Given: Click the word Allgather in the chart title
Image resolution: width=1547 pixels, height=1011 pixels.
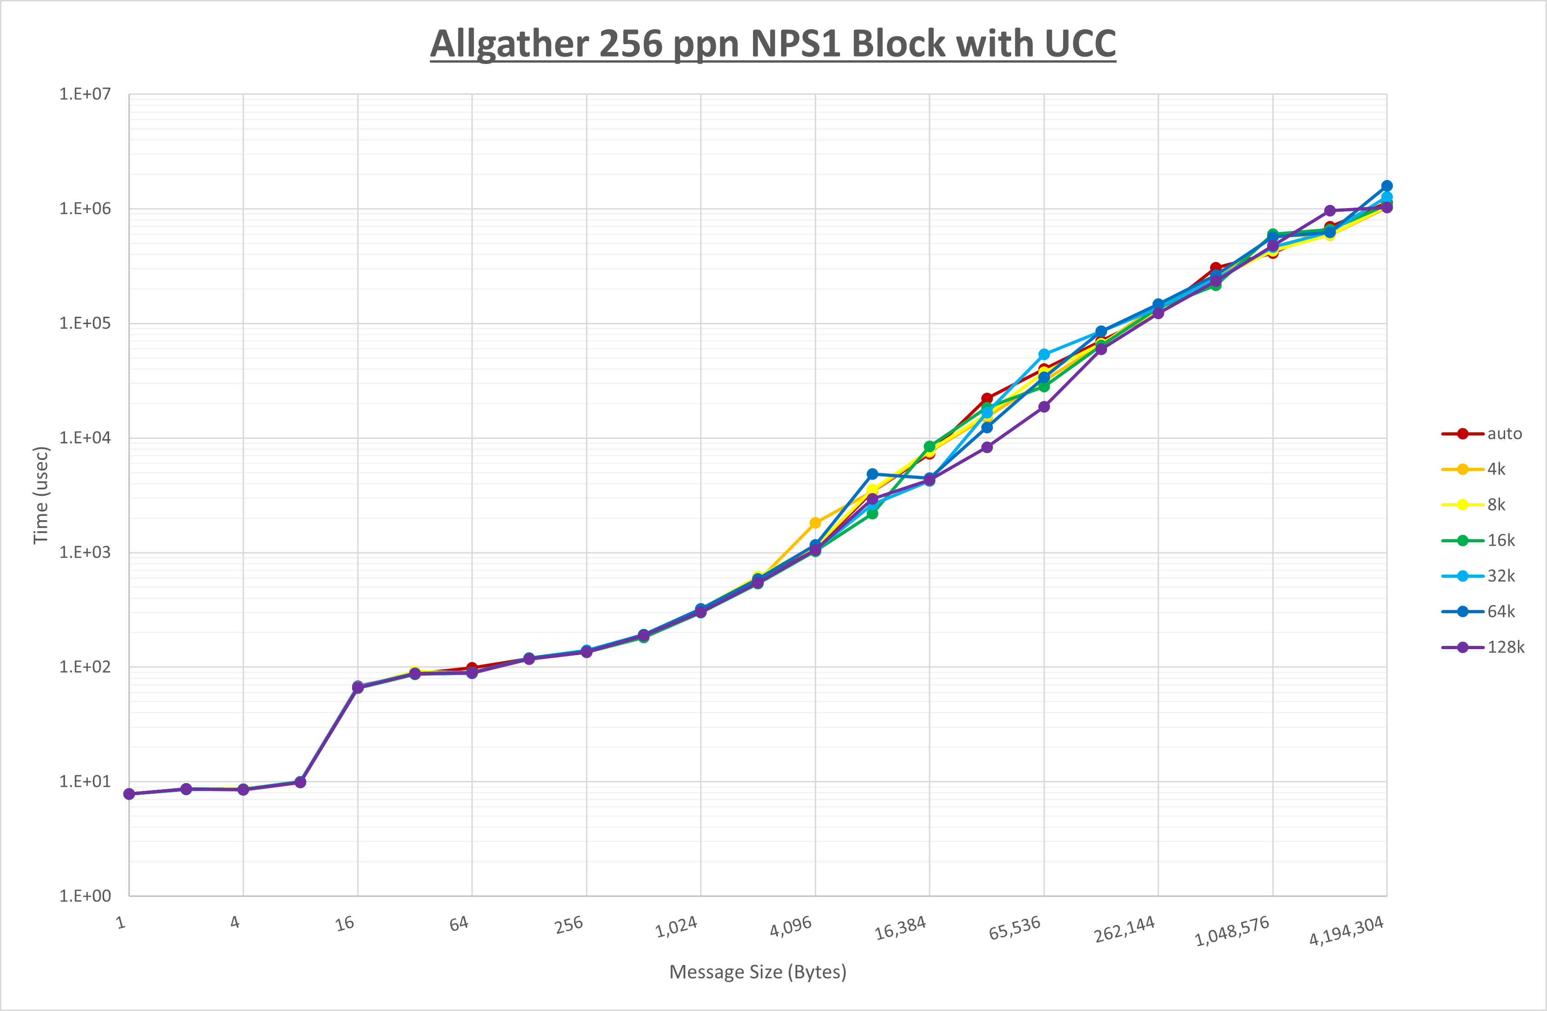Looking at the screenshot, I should click(x=508, y=44).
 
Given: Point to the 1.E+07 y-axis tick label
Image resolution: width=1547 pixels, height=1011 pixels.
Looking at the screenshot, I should click(x=85, y=94).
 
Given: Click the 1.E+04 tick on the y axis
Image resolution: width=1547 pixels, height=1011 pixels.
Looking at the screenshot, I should click(x=85, y=437).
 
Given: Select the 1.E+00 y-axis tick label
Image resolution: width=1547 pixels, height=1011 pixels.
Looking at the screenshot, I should click(x=85, y=896).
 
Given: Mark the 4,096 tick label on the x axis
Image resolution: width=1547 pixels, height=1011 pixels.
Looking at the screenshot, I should click(x=791, y=926).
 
